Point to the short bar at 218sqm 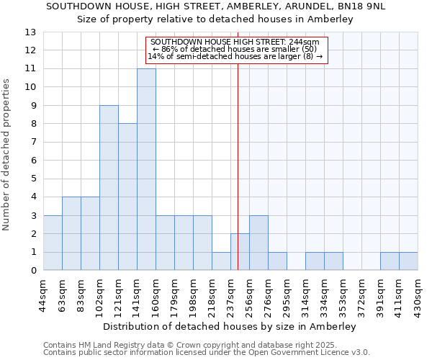coord(221,261)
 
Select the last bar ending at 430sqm coord(408,261)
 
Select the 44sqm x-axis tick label coord(43,294)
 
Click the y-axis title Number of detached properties coord(7,155)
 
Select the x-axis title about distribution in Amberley coord(230,326)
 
